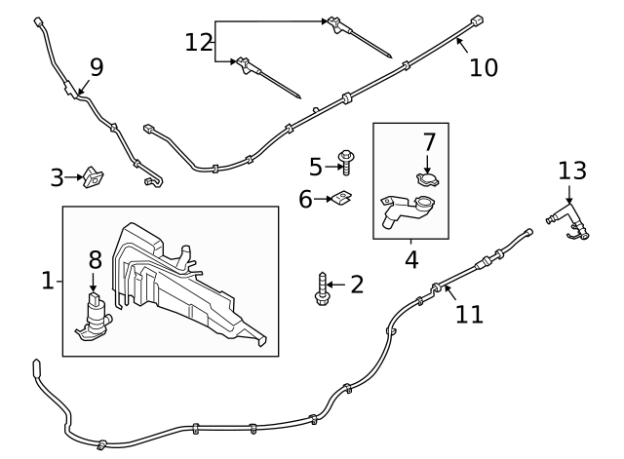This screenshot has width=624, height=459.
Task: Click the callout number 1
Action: [47, 281]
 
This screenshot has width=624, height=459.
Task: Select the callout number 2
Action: [357, 285]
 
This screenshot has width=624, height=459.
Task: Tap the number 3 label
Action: [58, 177]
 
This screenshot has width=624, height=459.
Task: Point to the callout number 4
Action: [411, 260]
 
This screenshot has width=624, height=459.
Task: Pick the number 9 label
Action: [96, 66]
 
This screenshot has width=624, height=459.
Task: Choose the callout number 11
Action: [469, 314]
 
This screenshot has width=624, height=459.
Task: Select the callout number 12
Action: [199, 42]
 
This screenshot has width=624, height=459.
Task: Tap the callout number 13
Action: [572, 171]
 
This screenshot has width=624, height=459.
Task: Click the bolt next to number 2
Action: [321, 288]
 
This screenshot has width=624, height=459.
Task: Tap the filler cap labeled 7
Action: [427, 179]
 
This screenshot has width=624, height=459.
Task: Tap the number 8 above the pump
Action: [95, 259]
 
